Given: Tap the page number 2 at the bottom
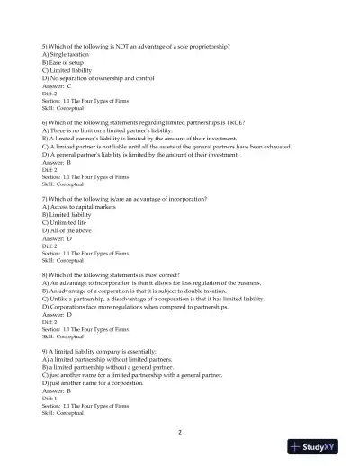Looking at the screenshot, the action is pyautogui.click(x=180, y=433).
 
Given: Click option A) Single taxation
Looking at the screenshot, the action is pyautogui.click(x=68, y=55).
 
